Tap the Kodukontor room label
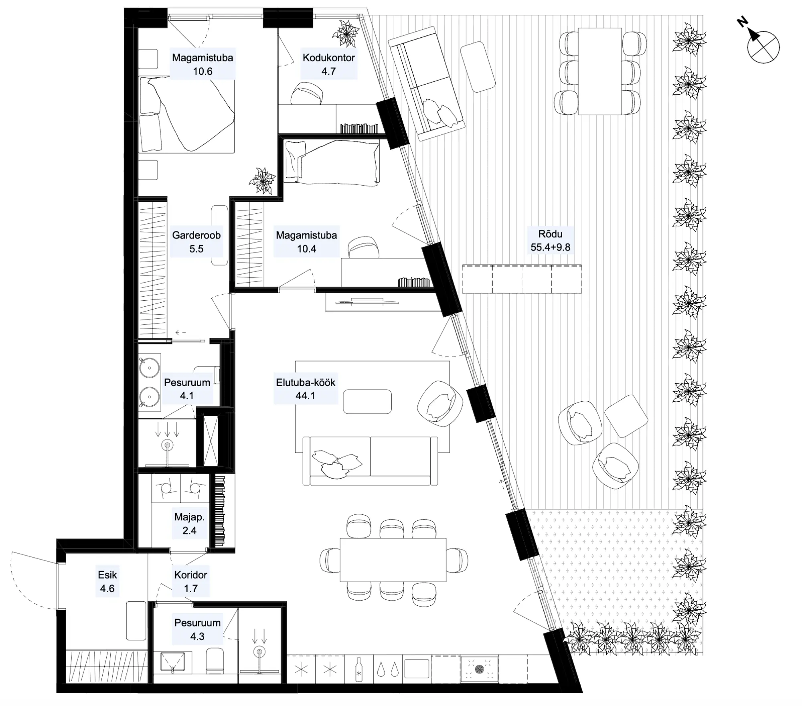[328, 57]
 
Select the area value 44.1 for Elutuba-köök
[305, 396]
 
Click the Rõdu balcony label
[550, 234]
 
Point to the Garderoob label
[196, 235]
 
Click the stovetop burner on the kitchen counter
[479, 669]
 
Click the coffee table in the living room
[367, 401]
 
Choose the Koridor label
[190, 575]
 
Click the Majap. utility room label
[189, 517]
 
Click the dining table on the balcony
[600, 71]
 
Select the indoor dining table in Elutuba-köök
[393, 560]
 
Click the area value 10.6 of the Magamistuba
[203, 71]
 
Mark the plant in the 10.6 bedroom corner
[263, 181]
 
